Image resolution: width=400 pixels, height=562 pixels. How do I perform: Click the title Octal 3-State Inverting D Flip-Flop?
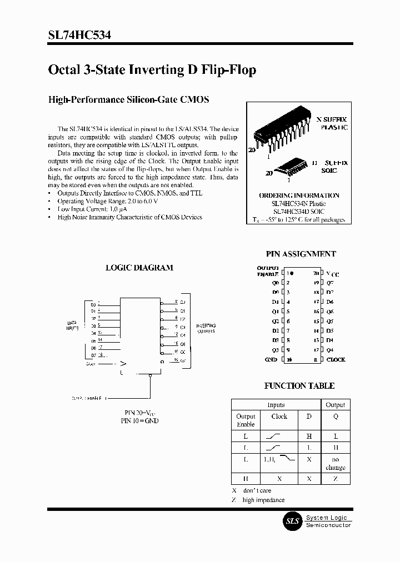(x=152, y=70)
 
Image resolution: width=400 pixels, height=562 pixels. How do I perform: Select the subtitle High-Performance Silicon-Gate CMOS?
(x=129, y=100)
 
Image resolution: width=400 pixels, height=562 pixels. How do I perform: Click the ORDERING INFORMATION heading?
(x=299, y=195)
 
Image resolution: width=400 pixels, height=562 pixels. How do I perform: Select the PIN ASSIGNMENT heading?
(x=301, y=254)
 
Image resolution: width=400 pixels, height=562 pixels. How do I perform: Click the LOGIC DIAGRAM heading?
(x=139, y=268)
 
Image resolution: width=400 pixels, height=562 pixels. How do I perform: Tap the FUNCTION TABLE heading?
(x=299, y=385)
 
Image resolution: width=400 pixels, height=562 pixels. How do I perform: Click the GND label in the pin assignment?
(x=271, y=359)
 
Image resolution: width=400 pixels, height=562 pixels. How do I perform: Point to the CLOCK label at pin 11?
(x=336, y=359)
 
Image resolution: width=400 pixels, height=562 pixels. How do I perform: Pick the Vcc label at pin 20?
(x=332, y=274)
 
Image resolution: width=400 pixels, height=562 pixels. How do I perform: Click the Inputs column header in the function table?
(x=276, y=405)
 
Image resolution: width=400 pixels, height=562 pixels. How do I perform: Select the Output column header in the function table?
(x=335, y=405)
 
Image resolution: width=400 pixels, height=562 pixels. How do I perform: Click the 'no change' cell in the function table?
(x=335, y=464)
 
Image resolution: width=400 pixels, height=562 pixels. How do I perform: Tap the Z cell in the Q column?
(x=335, y=479)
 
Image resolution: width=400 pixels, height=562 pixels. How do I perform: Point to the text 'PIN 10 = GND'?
(x=139, y=421)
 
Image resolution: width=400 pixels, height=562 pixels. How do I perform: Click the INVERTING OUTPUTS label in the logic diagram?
(x=206, y=328)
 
